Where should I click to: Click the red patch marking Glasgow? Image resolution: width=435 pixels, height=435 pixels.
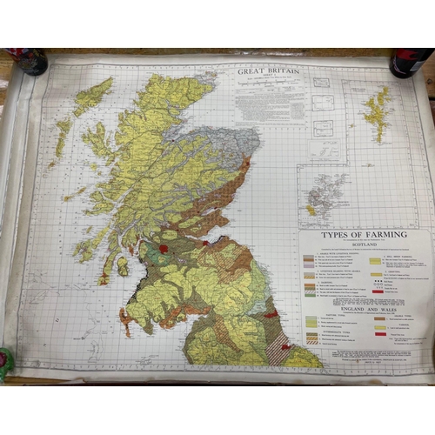(x=162, y=250)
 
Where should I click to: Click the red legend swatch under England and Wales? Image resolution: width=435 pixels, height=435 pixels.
(x=380, y=333)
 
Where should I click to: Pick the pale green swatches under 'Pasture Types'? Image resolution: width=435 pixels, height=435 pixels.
(x=311, y=323)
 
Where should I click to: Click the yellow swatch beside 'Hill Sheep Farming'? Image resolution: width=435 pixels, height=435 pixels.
(x=376, y=260)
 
